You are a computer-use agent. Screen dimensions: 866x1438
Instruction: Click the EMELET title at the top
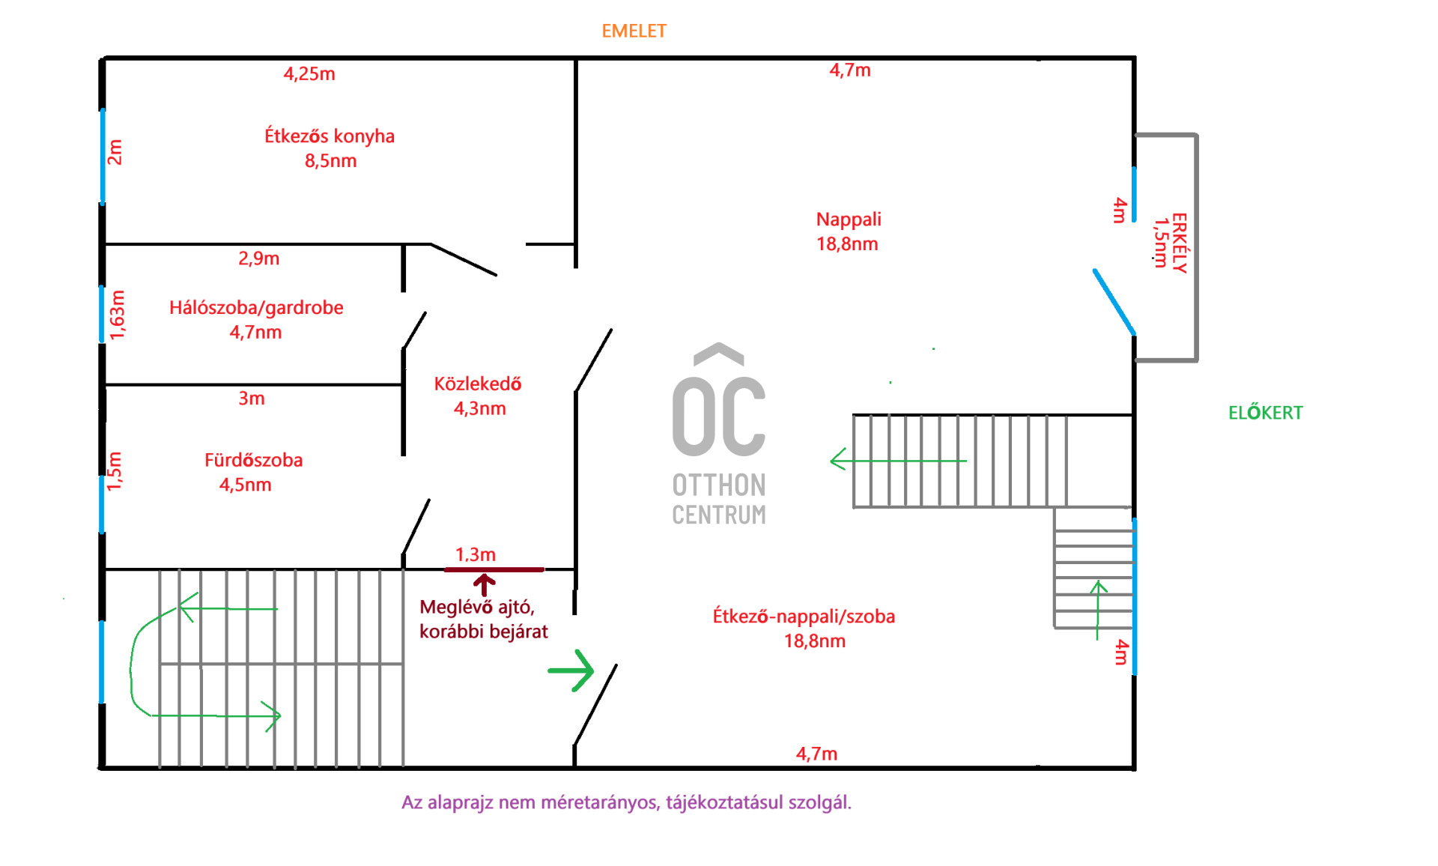[x=634, y=31]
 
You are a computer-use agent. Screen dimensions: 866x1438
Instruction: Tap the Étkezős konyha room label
[x=330, y=148]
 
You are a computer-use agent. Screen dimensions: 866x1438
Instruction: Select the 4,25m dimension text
[x=309, y=73]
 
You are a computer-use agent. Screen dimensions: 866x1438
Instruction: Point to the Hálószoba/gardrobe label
[x=256, y=319]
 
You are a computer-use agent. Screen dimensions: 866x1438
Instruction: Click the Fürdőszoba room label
[x=252, y=472]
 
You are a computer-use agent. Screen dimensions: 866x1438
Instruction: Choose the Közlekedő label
[x=479, y=396]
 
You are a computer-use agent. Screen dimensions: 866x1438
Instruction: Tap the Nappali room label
[x=848, y=231]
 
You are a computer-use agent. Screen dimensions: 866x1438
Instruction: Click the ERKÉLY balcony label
[x=1179, y=243]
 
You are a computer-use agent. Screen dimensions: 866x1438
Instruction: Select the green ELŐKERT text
[x=1265, y=413]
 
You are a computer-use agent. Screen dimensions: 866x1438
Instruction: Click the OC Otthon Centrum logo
[x=719, y=435]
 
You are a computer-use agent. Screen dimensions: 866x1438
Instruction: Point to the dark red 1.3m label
[x=476, y=554]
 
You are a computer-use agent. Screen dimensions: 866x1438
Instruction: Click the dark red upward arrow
[x=484, y=584]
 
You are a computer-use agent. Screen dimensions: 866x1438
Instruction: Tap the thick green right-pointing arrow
[x=571, y=670]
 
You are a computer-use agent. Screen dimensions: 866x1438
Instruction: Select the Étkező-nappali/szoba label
[x=804, y=628]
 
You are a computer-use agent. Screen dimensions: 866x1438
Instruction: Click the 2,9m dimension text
[x=259, y=258]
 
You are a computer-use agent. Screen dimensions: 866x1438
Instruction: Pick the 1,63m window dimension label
[x=117, y=315]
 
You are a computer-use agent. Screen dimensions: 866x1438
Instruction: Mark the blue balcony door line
[x=1114, y=301]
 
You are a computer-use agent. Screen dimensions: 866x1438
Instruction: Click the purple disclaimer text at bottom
[x=626, y=802]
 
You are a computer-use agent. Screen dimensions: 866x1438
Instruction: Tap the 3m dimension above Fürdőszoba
[x=252, y=399]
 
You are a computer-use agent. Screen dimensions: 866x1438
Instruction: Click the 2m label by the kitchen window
[x=115, y=152]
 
